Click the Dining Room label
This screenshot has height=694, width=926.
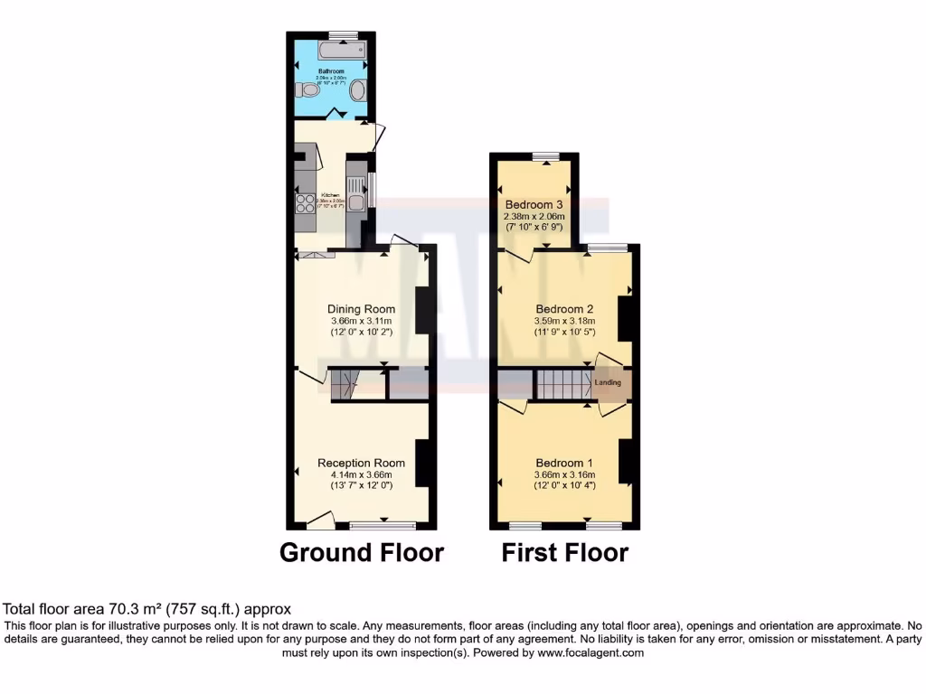[x=362, y=309]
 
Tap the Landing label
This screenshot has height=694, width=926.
[x=609, y=382]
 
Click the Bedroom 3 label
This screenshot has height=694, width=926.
[x=534, y=203]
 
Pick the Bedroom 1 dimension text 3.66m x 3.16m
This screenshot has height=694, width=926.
[x=564, y=474]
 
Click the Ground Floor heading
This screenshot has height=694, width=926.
[x=362, y=552]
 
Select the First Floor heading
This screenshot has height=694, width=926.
[x=565, y=552]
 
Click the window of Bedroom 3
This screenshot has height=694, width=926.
[x=545, y=155]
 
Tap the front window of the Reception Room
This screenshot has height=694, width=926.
[x=374, y=525]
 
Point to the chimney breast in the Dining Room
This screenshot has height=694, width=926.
[x=421, y=311]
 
